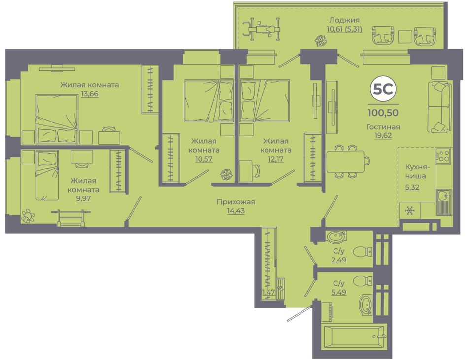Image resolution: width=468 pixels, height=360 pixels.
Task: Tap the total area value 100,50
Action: click(383, 113)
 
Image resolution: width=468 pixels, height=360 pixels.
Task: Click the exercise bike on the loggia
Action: click(262, 29)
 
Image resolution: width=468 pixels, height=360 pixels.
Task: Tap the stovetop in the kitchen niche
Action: click(443, 156)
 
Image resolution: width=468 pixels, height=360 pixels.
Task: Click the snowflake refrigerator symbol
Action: click(409, 211)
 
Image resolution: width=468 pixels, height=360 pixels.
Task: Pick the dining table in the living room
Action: click(345, 162)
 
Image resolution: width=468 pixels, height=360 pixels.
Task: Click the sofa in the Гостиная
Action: click(440, 107)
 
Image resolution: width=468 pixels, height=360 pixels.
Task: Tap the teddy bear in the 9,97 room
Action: click(28, 216)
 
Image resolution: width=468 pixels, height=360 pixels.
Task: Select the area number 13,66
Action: click(89, 94)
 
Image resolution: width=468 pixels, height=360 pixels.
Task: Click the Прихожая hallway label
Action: click(236, 202)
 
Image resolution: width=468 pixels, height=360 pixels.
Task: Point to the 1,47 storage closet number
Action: click(268, 292)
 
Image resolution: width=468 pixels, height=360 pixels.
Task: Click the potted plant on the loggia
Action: click(321, 41)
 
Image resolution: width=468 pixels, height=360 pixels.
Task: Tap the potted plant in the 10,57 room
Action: click(226, 174)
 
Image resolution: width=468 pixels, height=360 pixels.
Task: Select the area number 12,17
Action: click(276, 159)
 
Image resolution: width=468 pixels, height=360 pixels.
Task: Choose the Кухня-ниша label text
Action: click(415, 171)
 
